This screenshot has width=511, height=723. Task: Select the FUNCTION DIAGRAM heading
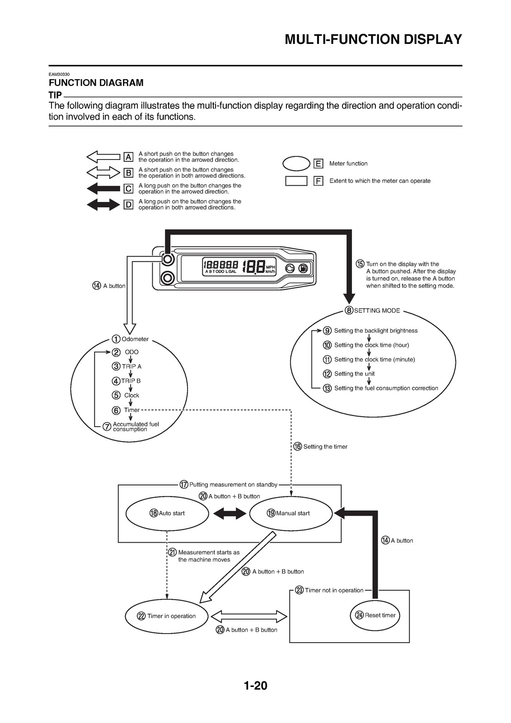tap(96, 83)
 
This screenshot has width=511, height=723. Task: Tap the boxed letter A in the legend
tap(128, 157)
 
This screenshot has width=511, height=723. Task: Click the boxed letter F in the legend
tap(318, 181)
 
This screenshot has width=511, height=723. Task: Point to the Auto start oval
tap(167, 513)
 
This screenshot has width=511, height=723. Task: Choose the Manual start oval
tap(291, 513)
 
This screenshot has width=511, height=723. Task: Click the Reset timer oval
tap(375, 615)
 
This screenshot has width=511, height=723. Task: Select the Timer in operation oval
tap(167, 616)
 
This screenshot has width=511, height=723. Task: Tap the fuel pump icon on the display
tap(303, 268)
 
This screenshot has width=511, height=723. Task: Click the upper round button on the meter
tap(168, 259)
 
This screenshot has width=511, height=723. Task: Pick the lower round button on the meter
tap(168, 277)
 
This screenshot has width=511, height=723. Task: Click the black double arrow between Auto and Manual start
tap(230, 513)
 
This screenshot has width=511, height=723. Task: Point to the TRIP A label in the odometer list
tap(132, 366)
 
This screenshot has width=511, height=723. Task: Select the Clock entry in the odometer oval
tap(132, 395)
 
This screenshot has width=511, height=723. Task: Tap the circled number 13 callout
tap(327, 388)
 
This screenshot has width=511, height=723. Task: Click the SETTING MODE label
tap(377, 310)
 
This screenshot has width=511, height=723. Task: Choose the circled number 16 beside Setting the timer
tap(298, 447)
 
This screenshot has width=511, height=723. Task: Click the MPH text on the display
tap(271, 267)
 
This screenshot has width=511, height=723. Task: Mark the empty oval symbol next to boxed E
tap(296, 163)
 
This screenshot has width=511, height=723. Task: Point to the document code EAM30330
tap(59, 74)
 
